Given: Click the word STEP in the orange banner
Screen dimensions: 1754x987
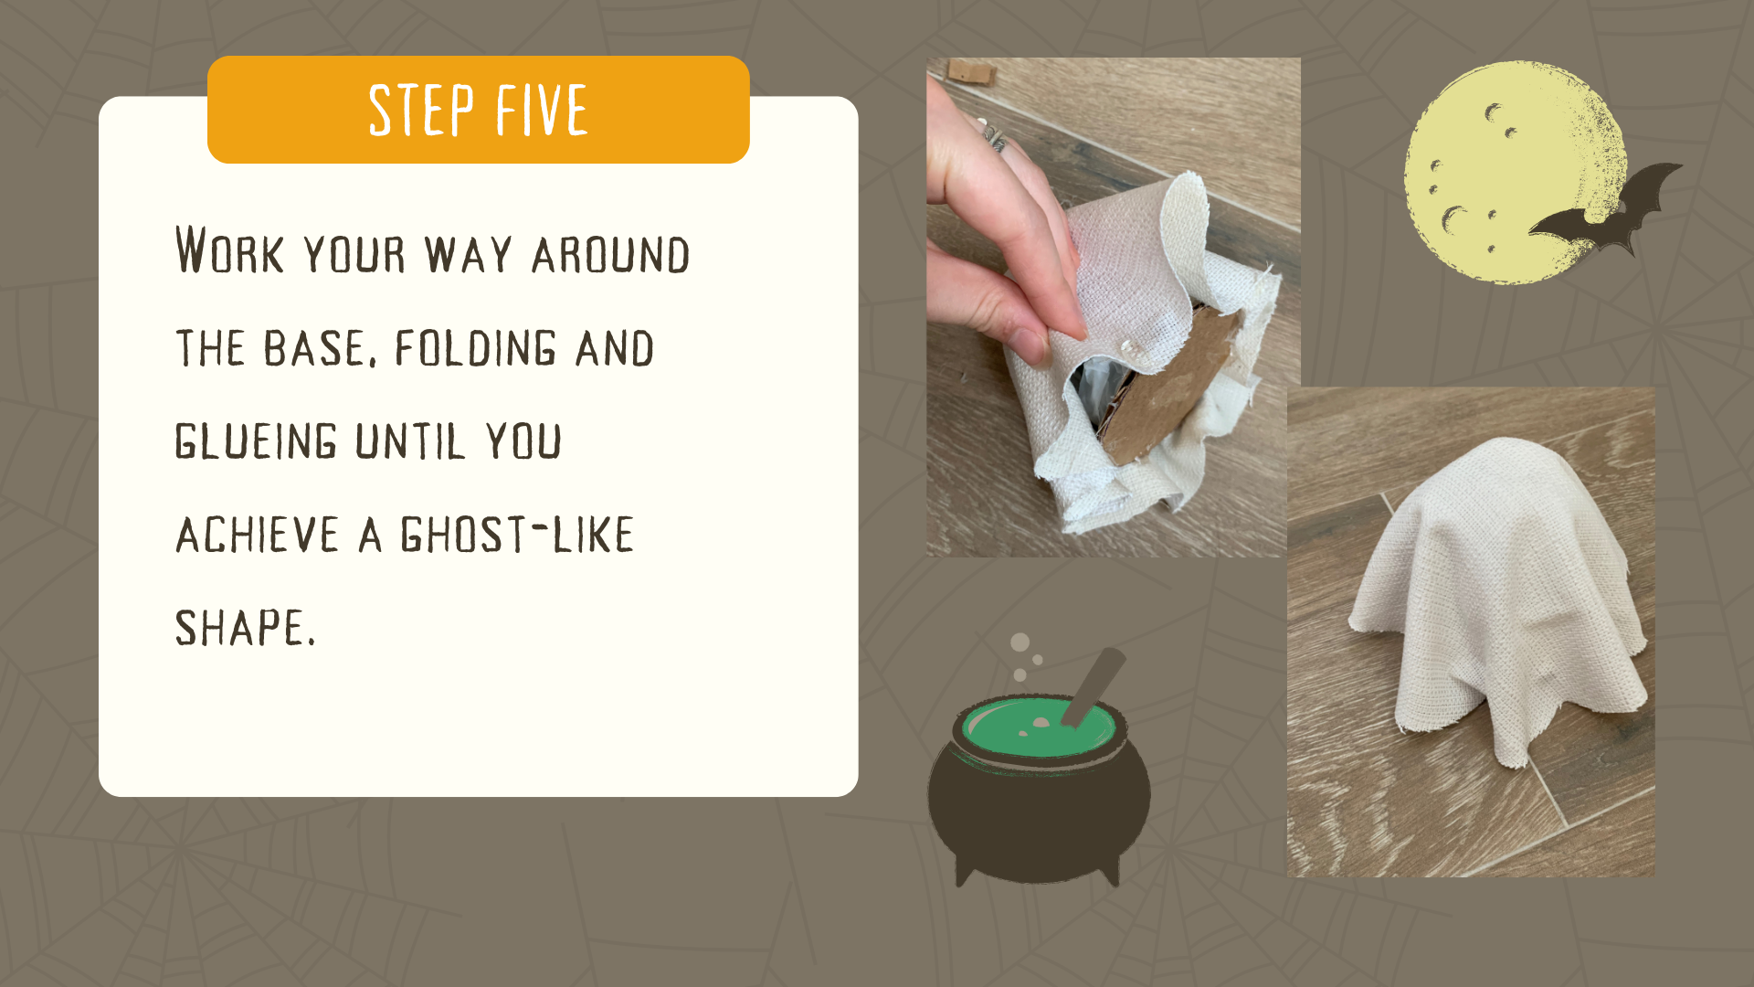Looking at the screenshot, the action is (x=421, y=110).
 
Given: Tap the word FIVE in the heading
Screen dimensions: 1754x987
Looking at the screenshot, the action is (x=542, y=110).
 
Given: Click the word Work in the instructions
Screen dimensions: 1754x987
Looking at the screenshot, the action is (x=229, y=249).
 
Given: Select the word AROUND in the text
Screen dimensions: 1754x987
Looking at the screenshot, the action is (x=610, y=254).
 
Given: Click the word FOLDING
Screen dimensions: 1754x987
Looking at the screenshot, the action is (x=475, y=348).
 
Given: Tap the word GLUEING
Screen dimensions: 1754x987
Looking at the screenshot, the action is (x=256, y=441).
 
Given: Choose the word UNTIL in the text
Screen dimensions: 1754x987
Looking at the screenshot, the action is (x=410, y=441).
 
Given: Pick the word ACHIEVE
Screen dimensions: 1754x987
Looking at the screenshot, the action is (x=258, y=535).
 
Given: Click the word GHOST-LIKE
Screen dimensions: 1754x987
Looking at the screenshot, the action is (x=517, y=535).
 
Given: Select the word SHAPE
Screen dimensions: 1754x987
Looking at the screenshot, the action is (x=245, y=628).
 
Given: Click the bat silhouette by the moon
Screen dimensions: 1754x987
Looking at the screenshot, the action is (x=1605, y=212).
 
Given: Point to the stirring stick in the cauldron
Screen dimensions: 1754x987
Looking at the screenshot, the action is (x=1093, y=686).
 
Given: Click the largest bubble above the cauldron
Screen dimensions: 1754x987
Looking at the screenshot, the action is (x=1020, y=642).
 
